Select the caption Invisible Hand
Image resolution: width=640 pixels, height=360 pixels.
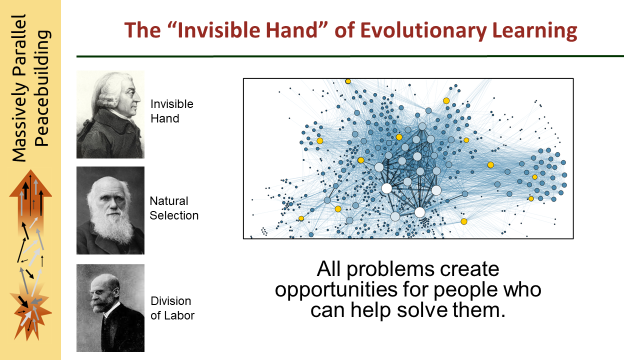[171, 111]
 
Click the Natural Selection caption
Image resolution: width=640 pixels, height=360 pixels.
[174, 208]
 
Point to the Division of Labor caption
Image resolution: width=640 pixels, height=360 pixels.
[172, 308]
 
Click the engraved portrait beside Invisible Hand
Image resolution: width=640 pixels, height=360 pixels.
[110, 114]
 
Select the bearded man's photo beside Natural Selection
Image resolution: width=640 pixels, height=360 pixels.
[110, 210]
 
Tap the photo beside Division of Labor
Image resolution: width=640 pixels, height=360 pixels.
[110, 308]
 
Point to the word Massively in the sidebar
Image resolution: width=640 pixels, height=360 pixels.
[19, 122]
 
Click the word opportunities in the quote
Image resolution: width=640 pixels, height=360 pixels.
[336, 290]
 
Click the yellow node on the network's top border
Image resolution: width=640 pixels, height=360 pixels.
[347, 81]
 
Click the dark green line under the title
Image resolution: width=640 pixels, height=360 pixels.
[350, 56]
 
